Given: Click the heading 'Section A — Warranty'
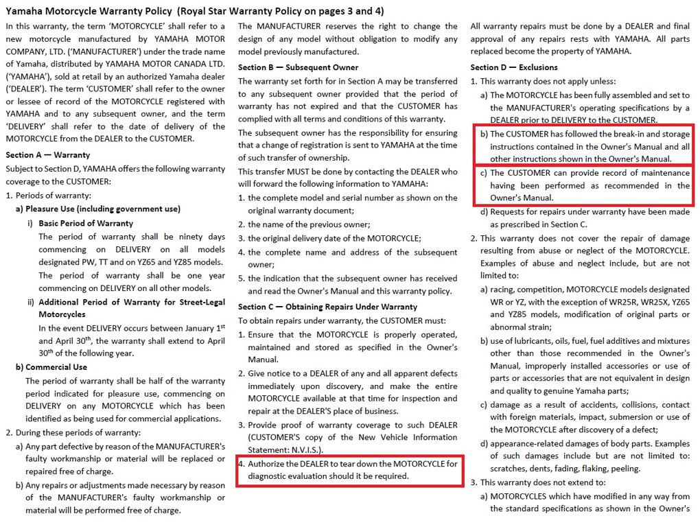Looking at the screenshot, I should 47,155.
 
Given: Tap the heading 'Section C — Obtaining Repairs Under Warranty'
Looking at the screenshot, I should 327,307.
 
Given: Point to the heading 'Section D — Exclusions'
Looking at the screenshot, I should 514,67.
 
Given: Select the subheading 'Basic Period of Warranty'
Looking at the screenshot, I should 86,223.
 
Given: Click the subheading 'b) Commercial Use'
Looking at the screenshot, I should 52,367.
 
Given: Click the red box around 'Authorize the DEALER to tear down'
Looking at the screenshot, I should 348,470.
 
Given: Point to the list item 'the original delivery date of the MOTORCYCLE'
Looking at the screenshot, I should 334,237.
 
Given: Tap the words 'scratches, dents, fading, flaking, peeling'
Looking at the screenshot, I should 565,469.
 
